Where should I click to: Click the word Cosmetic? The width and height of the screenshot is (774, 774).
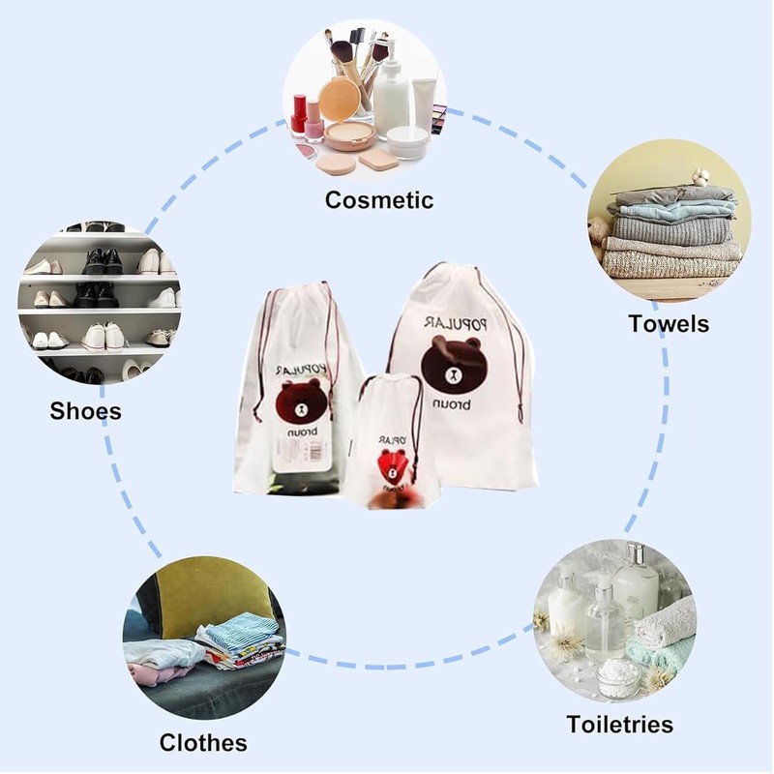[378, 200]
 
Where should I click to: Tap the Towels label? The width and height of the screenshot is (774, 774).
[669, 323]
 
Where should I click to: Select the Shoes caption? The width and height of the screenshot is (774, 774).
[86, 411]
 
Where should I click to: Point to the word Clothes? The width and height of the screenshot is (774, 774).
[203, 743]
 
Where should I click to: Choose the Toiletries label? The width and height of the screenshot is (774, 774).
[619, 724]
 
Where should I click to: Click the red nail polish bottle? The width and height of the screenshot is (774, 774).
[299, 113]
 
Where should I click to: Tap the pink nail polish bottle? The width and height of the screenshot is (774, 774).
[314, 121]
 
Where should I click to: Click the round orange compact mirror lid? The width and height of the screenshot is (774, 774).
[339, 99]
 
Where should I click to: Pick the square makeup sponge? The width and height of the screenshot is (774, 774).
[379, 159]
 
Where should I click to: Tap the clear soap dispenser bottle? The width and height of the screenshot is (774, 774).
[604, 619]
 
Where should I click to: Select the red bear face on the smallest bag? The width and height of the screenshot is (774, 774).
[393, 465]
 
